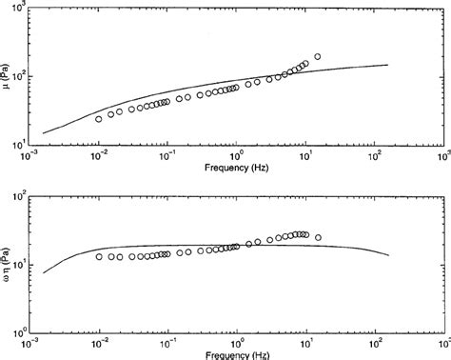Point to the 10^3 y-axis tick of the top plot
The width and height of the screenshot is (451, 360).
[19, 9]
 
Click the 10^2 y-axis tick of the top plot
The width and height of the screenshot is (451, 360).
[19, 76]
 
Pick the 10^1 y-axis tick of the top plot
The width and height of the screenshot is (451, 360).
[19, 144]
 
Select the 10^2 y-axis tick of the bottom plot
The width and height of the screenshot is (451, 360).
[19, 198]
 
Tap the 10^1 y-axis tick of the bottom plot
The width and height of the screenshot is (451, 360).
[19, 266]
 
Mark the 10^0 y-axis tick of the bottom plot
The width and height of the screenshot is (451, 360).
[19, 332]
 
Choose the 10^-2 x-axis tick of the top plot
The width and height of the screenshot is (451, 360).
[98, 154]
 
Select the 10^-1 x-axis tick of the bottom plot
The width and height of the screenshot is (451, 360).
[167, 343]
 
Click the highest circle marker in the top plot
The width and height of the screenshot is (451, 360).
[317, 57]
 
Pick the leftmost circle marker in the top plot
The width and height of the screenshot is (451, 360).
[99, 119]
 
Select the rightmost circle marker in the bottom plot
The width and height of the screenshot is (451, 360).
[318, 237]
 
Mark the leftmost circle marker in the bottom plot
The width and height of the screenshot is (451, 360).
[99, 256]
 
